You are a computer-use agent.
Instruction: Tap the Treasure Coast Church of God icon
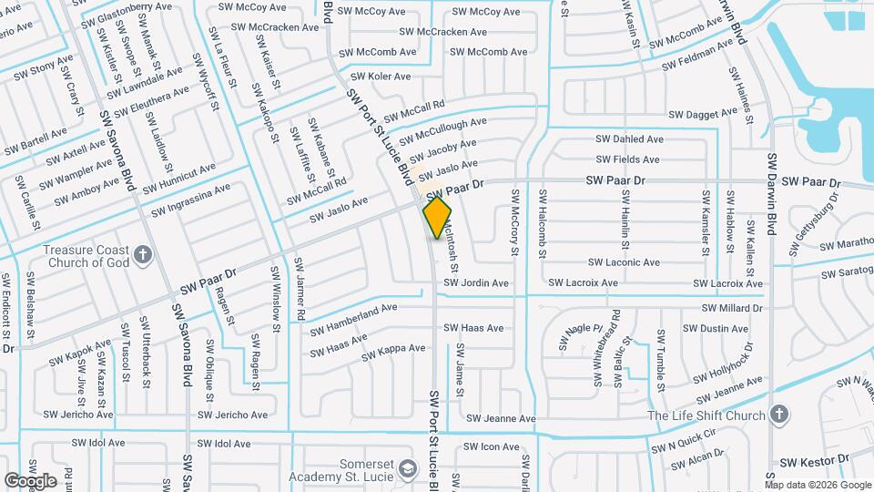pos(142,254)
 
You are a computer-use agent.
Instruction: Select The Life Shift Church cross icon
pos(778,415)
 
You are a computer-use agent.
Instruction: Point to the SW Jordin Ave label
pos(476,283)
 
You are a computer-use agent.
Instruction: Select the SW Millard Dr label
pos(731,308)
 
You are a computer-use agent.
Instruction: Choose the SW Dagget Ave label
pos(701,115)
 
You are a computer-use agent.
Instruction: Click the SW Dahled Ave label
pos(629,139)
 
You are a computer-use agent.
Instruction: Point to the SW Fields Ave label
pos(628,159)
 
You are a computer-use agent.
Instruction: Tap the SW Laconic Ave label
pos(625,262)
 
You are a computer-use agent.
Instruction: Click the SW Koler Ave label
pos(381,77)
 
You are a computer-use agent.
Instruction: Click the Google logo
pos(30,480)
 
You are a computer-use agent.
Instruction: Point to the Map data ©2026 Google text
pos(818,485)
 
